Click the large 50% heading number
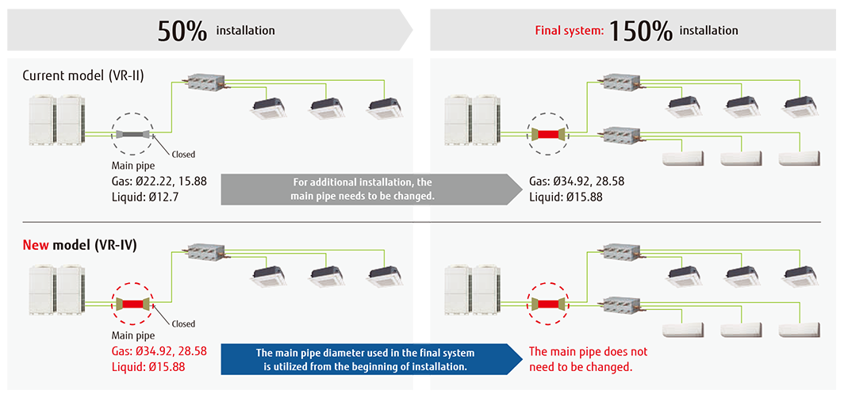click(x=182, y=31)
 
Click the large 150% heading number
click(x=641, y=31)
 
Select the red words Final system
click(x=569, y=32)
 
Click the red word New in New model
click(x=36, y=245)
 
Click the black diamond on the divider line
click(x=421, y=223)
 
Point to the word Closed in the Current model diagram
click(x=183, y=155)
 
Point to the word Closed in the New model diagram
click(x=183, y=323)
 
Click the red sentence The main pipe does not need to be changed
click(x=588, y=358)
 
